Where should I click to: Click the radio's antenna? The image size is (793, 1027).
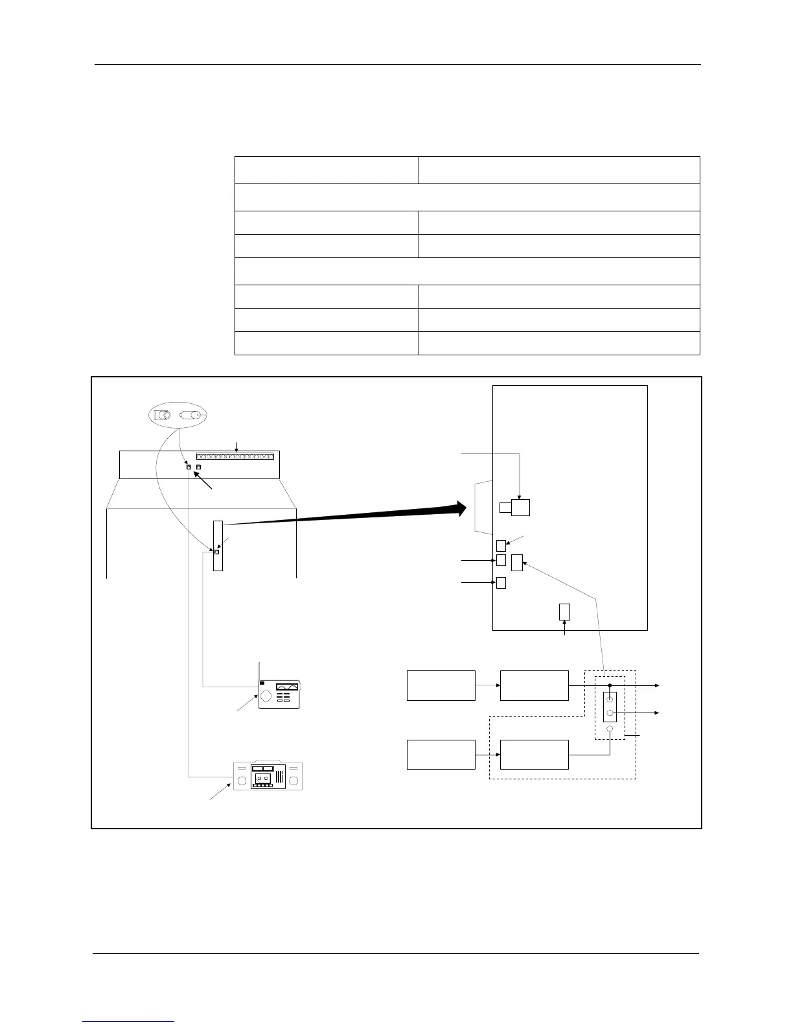[x=259, y=670]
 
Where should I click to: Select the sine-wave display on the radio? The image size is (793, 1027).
[x=286, y=687]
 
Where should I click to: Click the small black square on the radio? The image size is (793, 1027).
[x=262, y=683]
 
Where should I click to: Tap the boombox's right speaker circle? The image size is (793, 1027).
[x=295, y=781]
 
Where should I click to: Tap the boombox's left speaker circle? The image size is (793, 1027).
[x=242, y=781]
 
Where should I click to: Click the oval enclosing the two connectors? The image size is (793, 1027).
[x=176, y=416]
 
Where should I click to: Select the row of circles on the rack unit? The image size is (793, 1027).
[x=235, y=456]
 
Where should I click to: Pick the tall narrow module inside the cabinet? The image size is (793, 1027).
[x=218, y=545]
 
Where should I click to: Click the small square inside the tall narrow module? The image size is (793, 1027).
[x=216, y=552]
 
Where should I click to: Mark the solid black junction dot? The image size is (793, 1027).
[x=610, y=685]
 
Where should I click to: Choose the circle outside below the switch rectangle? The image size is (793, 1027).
[x=610, y=729]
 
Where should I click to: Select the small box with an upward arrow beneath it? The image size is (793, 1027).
[x=564, y=611]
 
